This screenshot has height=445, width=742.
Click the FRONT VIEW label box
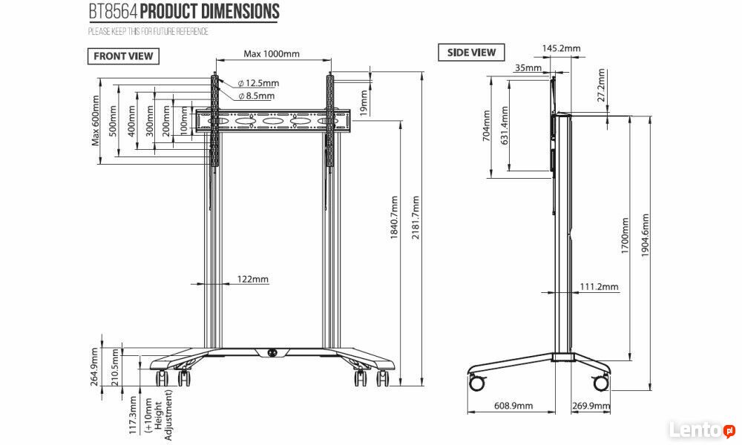pos(123,56)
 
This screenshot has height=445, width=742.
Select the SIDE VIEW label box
pos(471,53)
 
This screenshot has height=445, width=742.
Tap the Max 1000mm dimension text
pos(272,54)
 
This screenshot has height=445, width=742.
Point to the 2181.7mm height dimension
pos(416,217)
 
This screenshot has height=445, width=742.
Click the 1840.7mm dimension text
pos(395,217)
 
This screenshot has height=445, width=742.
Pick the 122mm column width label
pos(253,279)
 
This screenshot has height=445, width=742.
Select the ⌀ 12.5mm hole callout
pos(258,83)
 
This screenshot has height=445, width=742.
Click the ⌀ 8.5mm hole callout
pos(256,96)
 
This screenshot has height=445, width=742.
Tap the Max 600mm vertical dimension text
pos(96,121)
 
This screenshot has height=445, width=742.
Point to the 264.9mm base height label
pos(95,367)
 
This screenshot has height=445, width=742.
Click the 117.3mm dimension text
pos(133,415)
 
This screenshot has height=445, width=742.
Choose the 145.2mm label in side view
pos(561,48)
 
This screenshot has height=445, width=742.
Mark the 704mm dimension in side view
pos(487,126)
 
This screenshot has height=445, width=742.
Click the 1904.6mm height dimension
pos(646,236)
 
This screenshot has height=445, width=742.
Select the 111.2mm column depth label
pos(599,286)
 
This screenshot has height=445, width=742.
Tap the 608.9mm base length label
pos(513,406)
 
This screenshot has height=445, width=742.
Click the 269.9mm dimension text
pos(591,406)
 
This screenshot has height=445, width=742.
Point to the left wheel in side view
pos(477,382)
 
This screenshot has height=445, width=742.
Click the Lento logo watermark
pos(702,430)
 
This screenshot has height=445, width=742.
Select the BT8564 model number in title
pos(114,12)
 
